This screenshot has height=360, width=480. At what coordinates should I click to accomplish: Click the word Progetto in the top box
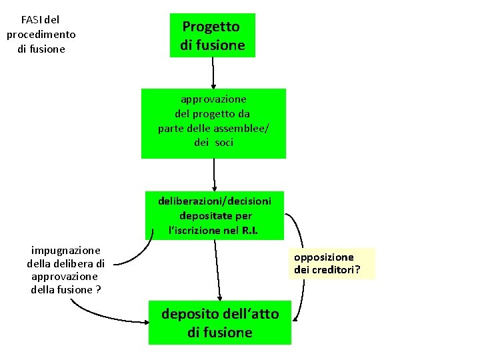click(211, 27)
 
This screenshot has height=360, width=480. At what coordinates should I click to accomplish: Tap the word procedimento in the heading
click(41, 35)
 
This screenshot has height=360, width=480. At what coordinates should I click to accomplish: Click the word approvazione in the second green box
click(213, 99)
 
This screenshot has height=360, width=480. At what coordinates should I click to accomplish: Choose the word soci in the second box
click(225, 143)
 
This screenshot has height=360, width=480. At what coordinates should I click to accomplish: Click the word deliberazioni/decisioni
click(215, 201)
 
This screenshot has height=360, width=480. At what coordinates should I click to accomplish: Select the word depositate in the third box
click(206, 216)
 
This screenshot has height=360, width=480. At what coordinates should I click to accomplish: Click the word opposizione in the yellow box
click(324, 257)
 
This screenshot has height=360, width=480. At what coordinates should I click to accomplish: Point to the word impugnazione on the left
click(66, 250)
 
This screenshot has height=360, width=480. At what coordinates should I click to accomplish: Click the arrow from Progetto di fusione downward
click(213, 73)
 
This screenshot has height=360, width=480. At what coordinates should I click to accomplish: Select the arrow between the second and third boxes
click(214, 175)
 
